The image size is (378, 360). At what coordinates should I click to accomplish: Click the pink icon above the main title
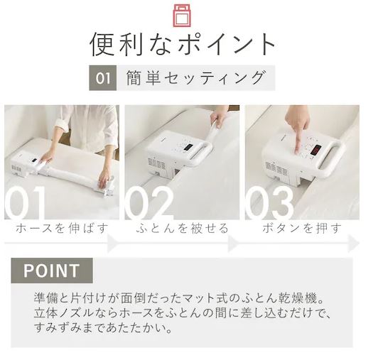point(182,15)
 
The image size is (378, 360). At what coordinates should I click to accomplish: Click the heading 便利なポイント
point(183,45)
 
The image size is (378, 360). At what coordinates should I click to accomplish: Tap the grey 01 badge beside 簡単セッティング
point(103,78)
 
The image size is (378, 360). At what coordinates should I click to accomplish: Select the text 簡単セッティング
point(195,78)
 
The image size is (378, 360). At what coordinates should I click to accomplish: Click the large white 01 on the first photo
point(25,202)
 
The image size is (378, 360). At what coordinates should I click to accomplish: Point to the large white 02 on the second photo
point(148,202)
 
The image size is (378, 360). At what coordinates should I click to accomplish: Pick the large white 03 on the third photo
point(269,202)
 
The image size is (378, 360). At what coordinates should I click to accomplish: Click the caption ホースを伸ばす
point(62,228)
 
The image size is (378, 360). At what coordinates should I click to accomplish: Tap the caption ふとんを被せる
point(182,228)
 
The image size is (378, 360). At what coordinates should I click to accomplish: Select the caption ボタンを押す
point(302,228)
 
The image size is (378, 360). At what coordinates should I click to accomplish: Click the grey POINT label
point(52,271)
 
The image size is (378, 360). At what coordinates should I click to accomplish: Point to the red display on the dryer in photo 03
point(315,150)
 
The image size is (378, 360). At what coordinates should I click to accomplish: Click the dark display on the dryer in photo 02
point(188,148)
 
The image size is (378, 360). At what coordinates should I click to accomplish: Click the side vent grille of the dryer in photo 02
point(156,163)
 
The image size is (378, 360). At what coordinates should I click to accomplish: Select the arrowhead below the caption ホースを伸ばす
point(112,244)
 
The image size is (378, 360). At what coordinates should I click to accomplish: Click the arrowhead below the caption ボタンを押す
point(354,244)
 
